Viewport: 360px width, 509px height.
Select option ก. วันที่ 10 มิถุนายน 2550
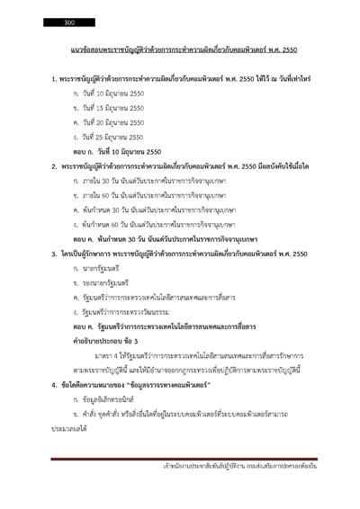tap(107, 94)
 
